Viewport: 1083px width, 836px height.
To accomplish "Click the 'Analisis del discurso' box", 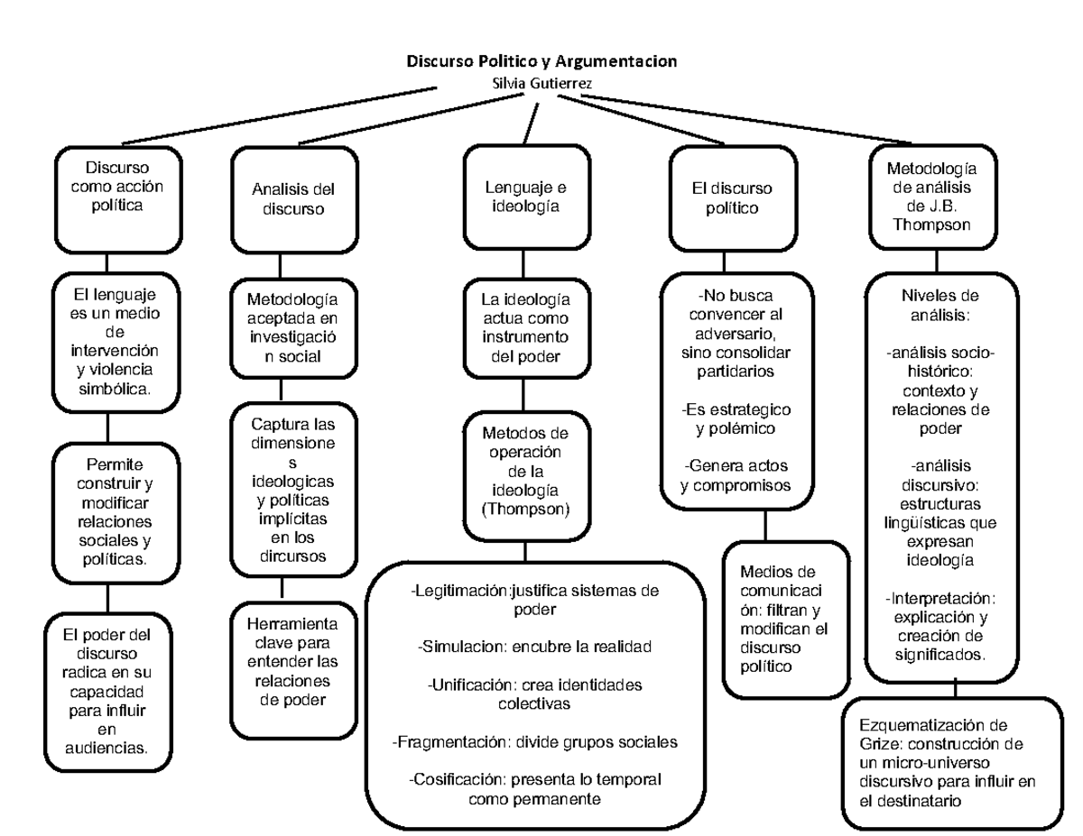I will point(280,199).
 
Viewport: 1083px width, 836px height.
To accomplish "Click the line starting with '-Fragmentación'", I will point(534,741).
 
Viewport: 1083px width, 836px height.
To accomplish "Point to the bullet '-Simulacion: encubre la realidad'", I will point(534,648).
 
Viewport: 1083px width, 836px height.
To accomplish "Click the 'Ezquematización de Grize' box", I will point(955,763).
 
